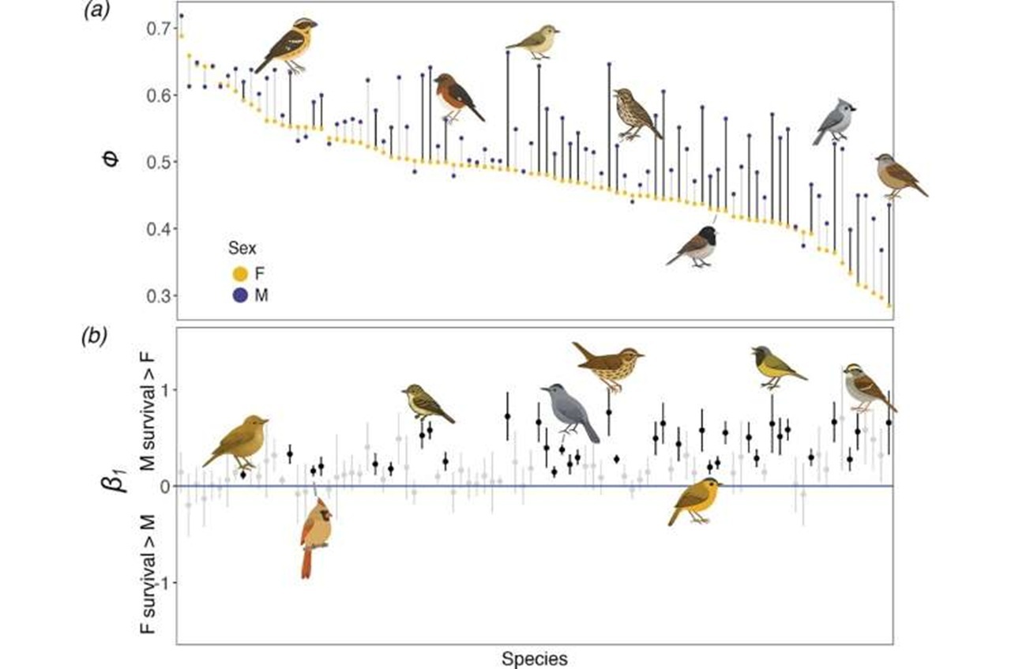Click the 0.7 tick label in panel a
pyautogui.click(x=159, y=28)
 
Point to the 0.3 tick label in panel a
pyautogui.click(x=159, y=296)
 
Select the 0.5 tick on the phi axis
pyautogui.click(x=159, y=162)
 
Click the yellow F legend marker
pyautogui.click(x=240, y=273)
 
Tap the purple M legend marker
pyautogui.click(x=240, y=295)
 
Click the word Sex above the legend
pyautogui.click(x=242, y=248)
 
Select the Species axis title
pyautogui.click(x=535, y=659)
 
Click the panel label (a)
pyautogui.click(x=96, y=11)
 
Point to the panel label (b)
pyautogui.click(x=94, y=337)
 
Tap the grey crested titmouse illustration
pyautogui.click(x=834, y=122)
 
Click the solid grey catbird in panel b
pyautogui.click(x=570, y=412)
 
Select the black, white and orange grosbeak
pyautogui.click(x=286, y=46)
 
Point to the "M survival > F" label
pyautogui.click(x=147, y=412)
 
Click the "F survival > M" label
pyautogui.click(x=147, y=574)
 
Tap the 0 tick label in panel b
pyautogui.click(x=166, y=487)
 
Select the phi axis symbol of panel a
pyautogui.click(x=111, y=160)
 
